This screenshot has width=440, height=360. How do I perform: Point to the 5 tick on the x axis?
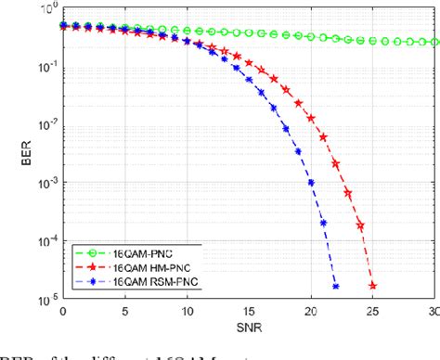click(124, 306)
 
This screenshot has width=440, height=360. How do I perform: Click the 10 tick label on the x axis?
click(187, 306)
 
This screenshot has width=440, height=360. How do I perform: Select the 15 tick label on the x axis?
click(249, 306)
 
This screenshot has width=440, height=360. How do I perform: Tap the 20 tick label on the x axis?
click(311, 306)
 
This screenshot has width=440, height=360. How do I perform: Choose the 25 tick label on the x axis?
click(373, 306)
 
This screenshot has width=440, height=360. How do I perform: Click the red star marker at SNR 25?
click(373, 286)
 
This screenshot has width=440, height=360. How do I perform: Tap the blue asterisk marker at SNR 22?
click(336, 286)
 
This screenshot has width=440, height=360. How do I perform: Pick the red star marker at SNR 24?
click(361, 225)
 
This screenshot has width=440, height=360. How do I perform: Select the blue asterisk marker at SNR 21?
click(323, 224)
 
